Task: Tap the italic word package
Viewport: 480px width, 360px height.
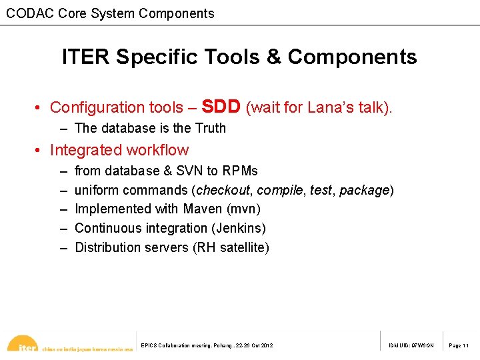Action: click(364, 190)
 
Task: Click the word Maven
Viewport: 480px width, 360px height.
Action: click(203, 209)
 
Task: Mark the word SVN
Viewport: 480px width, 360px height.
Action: click(189, 171)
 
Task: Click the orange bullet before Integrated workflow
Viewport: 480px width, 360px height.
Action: click(40, 151)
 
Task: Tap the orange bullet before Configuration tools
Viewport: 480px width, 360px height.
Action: click(40, 107)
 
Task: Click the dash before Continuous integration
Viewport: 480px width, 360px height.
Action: click(64, 228)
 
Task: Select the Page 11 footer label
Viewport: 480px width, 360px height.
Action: click(459, 345)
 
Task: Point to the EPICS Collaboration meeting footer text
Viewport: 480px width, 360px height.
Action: click(207, 345)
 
